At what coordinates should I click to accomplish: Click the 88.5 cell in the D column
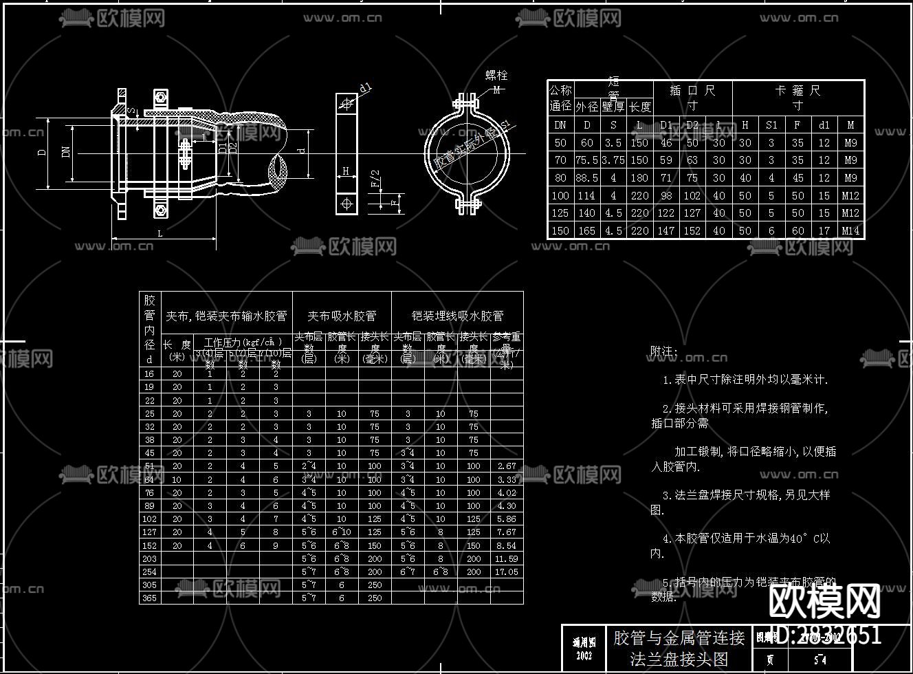point(586,178)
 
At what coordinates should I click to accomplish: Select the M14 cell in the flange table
point(851,231)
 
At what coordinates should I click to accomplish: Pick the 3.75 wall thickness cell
point(613,160)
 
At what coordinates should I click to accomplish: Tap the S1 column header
point(771,125)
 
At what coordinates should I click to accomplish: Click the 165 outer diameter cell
point(586,231)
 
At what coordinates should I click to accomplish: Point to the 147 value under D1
point(665,231)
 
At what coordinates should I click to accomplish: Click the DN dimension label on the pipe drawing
point(66,152)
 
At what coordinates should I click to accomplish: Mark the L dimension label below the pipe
point(160,234)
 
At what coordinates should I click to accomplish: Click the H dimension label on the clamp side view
point(346,171)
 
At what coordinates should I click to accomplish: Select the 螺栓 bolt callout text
point(496,76)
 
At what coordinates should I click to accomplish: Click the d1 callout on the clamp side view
point(366,87)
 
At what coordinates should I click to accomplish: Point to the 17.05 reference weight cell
point(506,572)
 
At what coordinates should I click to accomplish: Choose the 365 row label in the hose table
point(149,598)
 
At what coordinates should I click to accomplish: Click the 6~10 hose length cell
point(342,532)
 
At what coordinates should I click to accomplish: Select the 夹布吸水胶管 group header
point(342,316)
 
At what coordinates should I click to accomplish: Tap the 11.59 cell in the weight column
point(506,559)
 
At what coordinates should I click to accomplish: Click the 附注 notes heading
point(663,351)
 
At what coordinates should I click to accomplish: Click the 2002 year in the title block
point(584,655)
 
